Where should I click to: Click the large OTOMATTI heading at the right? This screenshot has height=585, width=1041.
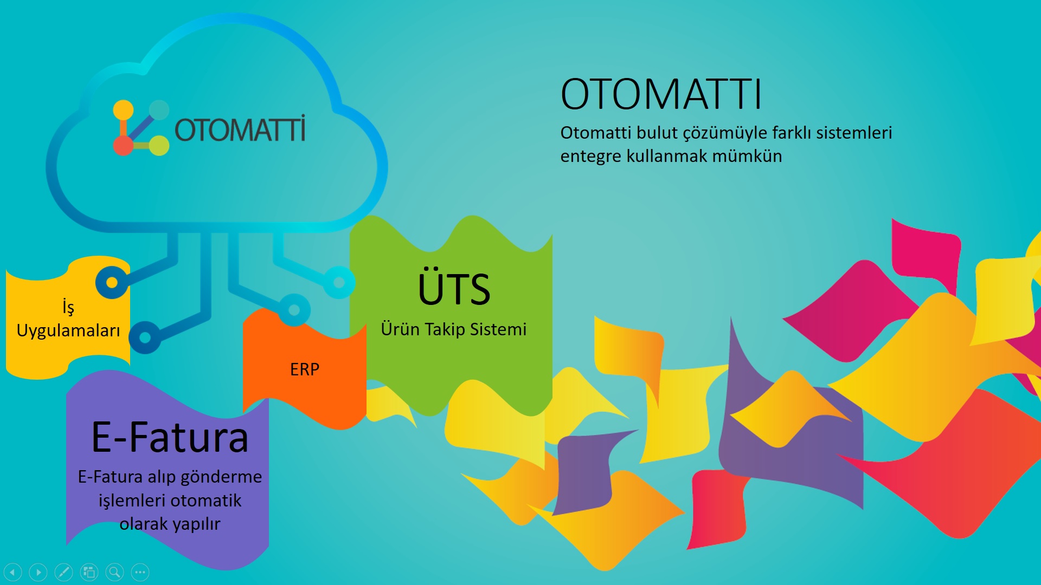tap(661, 94)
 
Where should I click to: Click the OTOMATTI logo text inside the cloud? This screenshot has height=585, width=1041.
tap(240, 129)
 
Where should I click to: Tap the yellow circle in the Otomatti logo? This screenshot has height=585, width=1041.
tap(123, 110)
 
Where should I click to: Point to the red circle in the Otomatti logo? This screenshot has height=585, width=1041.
tap(123, 145)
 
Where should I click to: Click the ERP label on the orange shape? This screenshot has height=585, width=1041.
tap(305, 369)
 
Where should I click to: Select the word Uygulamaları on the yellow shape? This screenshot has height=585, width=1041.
tap(68, 330)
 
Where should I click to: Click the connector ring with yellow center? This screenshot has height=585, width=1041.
tap(112, 282)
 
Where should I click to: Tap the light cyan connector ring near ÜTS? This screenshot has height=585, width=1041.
tap(339, 282)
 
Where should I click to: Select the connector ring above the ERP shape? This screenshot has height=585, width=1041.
tap(294, 310)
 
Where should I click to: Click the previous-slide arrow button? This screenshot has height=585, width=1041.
tap(12, 572)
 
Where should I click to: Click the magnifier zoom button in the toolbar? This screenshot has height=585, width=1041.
tap(114, 572)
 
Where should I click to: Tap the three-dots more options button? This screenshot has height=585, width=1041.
tap(140, 572)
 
